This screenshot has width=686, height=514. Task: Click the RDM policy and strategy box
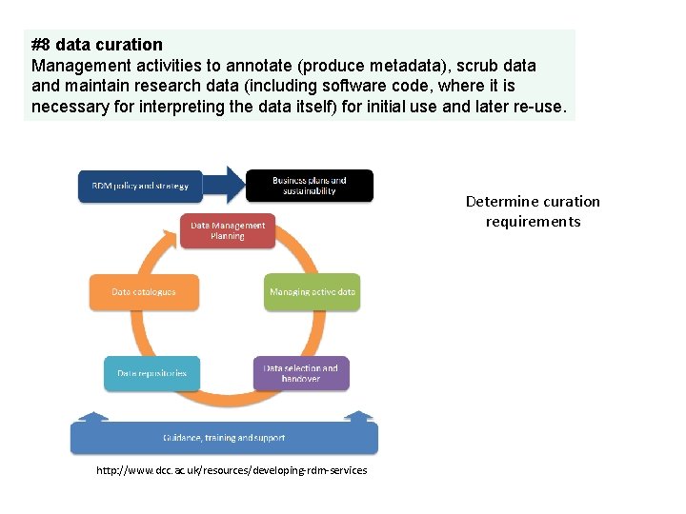pyautogui.click(x=140, y=186)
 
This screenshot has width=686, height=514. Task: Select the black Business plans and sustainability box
pyautogui.click(x=310, y=185)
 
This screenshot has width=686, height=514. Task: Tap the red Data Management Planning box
pyautogui.click(x=228, y=230)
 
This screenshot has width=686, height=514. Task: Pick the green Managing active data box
pyautogui.click(x=312, y=291)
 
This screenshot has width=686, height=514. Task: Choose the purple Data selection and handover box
pyautogui.click(x=301, y=372)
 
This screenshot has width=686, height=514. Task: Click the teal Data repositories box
pyautogui.click(x=151, y=372)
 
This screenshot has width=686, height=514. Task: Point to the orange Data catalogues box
pyautogui.click(x=144, y=291)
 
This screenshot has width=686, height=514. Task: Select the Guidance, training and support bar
pyautogui.click(x=224, y=438)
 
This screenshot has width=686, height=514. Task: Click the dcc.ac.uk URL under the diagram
pyautogui.click(x=232, y=470)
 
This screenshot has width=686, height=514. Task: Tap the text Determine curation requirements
pyautogui.click(x=533, y=211)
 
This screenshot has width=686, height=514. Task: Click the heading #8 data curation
pyautogui.click(x=97, y=45)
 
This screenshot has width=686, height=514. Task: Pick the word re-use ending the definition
pyautogui.click(x=542, y=107)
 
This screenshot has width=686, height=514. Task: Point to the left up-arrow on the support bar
pyautogui.click(x=92, y=416)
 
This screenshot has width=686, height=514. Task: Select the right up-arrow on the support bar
pyautogui.click(x=359, y=416)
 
